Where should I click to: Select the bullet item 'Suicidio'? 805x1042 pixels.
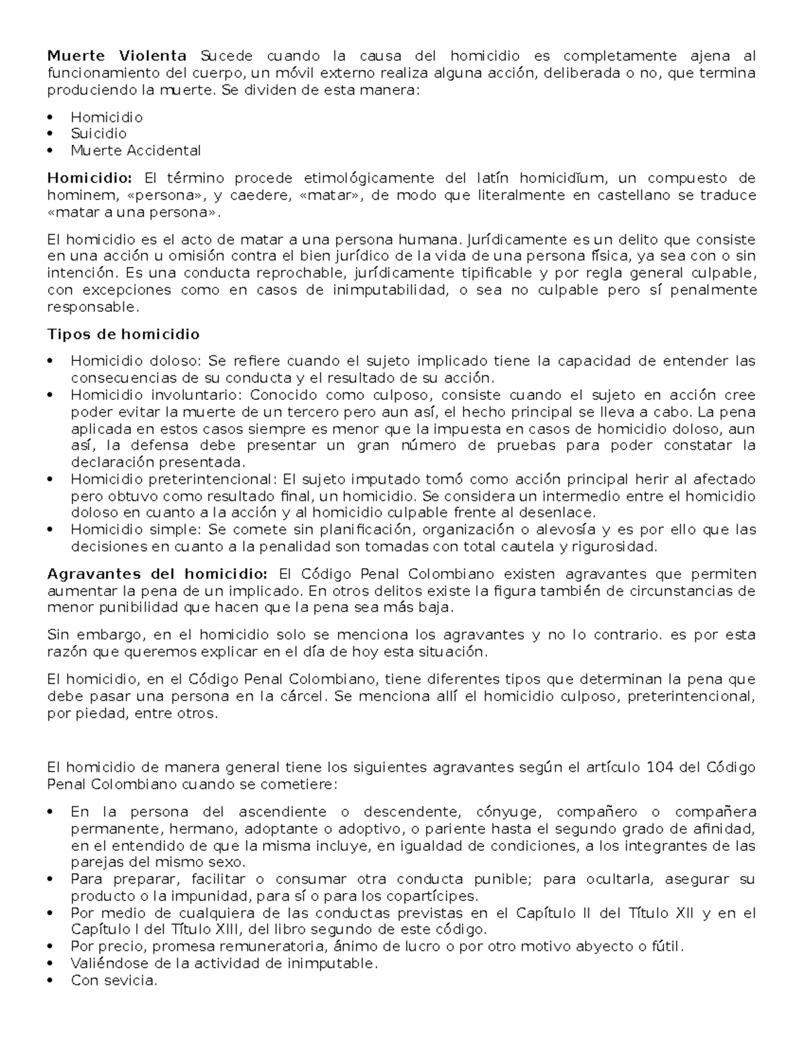(99, 134)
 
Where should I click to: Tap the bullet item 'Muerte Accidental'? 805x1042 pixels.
(136, 150)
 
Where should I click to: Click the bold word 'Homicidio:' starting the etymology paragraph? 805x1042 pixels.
(90, 178)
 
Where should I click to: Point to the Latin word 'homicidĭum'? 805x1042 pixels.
(561, 178)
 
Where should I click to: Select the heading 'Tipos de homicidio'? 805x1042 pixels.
(123, 334)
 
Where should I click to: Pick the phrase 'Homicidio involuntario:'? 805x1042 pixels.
(159, 395)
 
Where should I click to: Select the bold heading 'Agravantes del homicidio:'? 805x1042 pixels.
(157, 574)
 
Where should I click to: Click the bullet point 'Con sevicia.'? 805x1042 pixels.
(113, 980)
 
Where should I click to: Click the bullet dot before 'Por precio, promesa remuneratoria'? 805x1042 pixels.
(51, 947)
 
